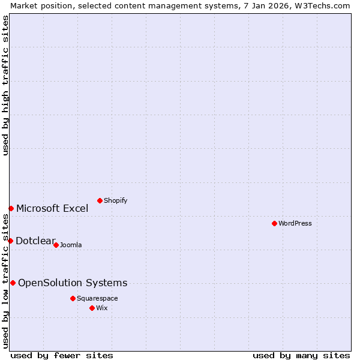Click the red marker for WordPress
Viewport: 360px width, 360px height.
pos(274,223)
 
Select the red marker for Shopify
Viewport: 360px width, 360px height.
pos(100,200)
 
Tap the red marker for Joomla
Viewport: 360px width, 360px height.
pos(56,245)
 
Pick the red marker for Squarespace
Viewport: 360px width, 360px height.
pos(73,298)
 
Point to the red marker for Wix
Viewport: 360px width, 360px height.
pos(92,308)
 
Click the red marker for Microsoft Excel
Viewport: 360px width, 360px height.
pos(11,208)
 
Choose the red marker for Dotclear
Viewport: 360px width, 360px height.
pos(10,241)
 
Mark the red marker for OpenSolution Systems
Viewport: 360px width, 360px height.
pos(13,283)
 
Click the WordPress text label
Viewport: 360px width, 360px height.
pos(295,223)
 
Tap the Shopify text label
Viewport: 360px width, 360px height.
pos(115,200)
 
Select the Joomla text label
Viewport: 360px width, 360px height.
pos(71,245)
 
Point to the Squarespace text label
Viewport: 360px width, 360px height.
pos(97,298)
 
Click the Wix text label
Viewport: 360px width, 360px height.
pos(102,308)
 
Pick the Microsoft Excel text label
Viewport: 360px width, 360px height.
pos(52,208)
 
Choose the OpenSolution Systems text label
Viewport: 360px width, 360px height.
pos(73,283)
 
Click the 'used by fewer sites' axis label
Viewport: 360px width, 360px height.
pos(62,355)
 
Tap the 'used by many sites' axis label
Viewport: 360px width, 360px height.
pos(301,355)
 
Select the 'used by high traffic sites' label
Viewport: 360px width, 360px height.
pos(5,85)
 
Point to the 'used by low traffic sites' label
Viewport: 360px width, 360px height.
pos(5,281)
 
